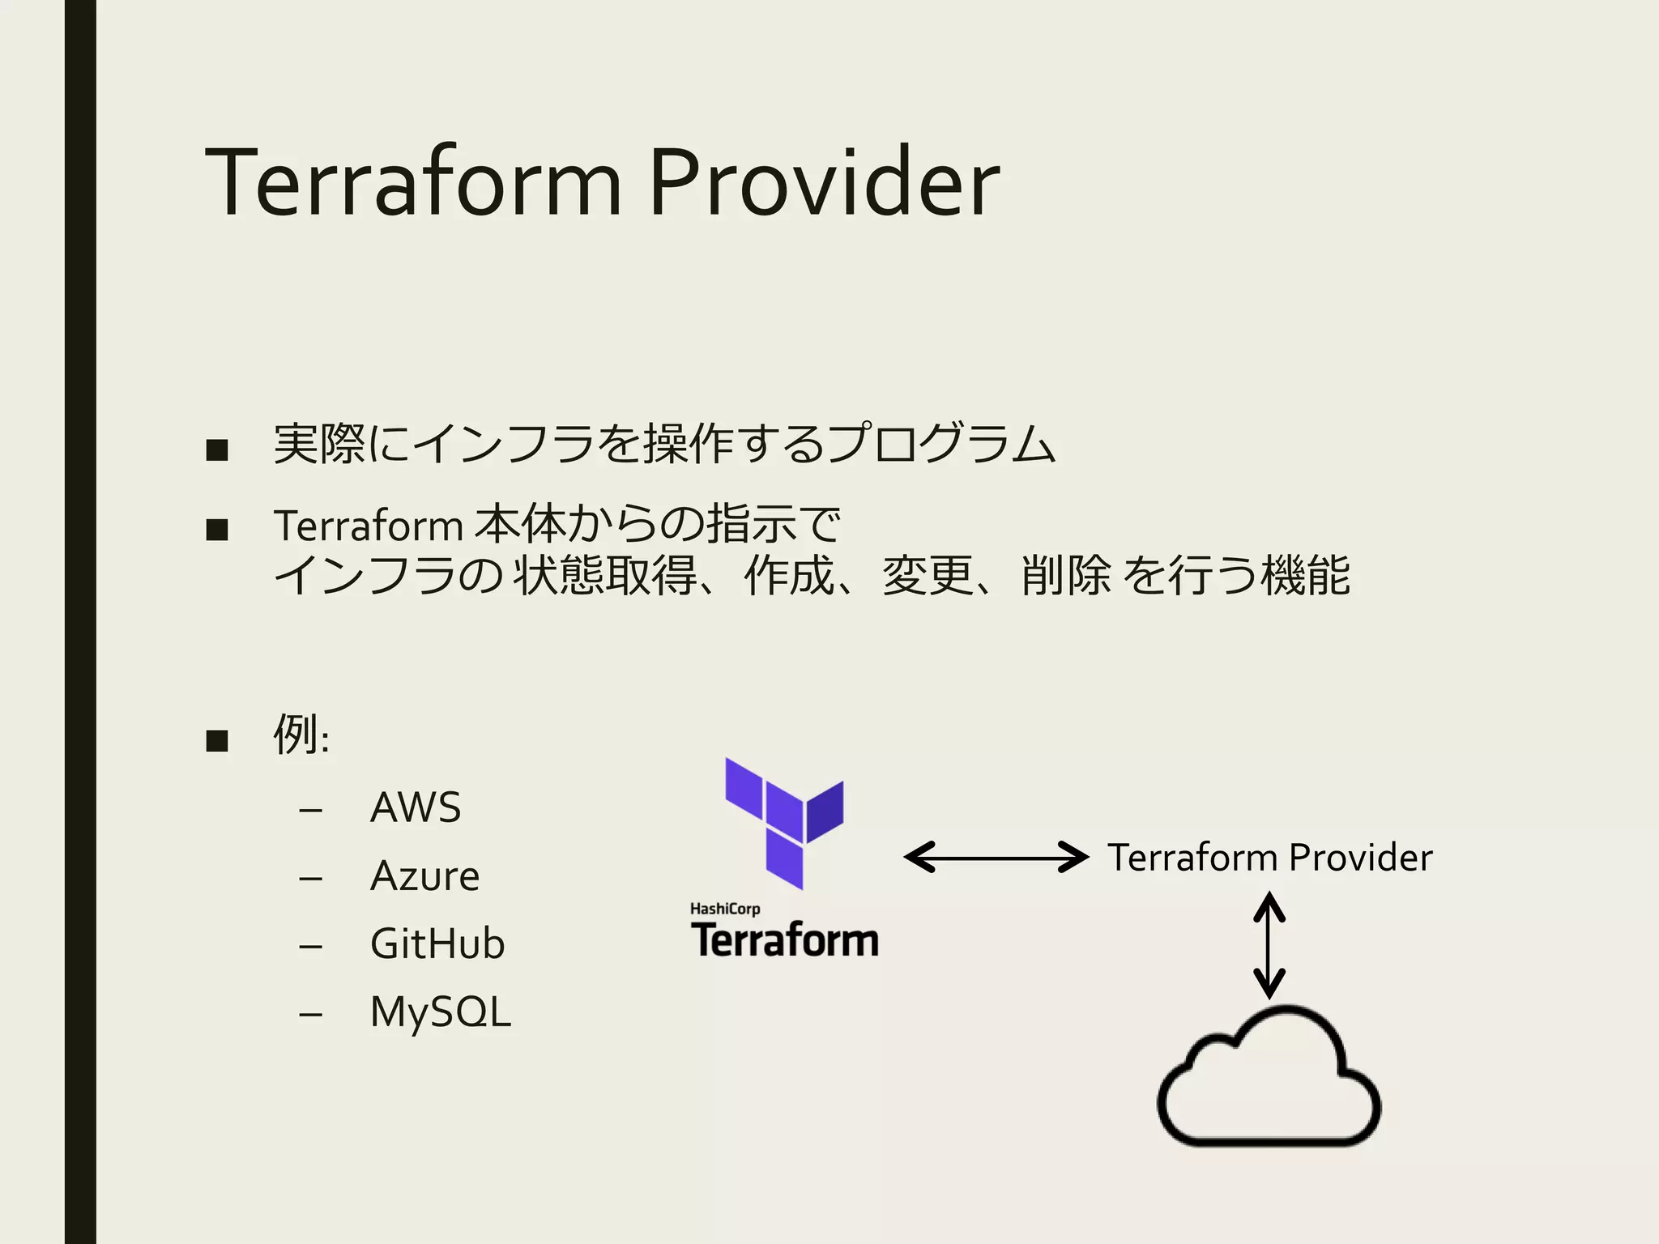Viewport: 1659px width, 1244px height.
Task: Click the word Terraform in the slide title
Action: pyautogui.click(x=413, y=182)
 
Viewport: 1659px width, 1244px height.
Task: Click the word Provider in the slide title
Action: pyautogui.click(x=824, y=182)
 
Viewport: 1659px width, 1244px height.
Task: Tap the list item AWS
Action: pyautogui.click(x=416, y=807)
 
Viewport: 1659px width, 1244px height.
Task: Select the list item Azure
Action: pyautogui.click(x=424, y=875)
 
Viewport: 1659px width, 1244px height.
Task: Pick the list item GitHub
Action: pyautogui.click(x=437, y=944)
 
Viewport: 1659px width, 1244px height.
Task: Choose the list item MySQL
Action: pyautogui.click(x=441, y=1012)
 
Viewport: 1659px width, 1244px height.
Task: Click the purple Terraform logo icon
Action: pyautogui.click(x=783, y=822)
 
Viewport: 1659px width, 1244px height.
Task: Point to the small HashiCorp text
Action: pyautogui.click(x=725, y=909)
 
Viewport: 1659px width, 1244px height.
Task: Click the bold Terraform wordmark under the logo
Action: pyautogui.click(x=784, y=940)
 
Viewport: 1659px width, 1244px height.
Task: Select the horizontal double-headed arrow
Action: pyautogui.click(x=996, y=857)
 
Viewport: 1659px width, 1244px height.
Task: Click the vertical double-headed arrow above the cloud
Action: pyautogui.click(x=1269, y=945)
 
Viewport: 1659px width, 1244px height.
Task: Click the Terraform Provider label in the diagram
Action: pyautogui.click(x=1269, y=857)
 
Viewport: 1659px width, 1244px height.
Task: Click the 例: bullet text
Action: pyautogui.click(x=301, y=735)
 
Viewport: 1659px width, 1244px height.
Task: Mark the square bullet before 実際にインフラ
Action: pyautogui.click(x=217, y=449)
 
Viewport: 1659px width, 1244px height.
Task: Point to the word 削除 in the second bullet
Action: pyautogui.click(x=1066, y=576)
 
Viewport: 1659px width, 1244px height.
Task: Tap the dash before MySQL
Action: pyautogui.click(x=310, y=1014)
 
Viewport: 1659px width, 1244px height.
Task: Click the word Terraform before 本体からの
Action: pyautogui.click(x=368, y=525)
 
